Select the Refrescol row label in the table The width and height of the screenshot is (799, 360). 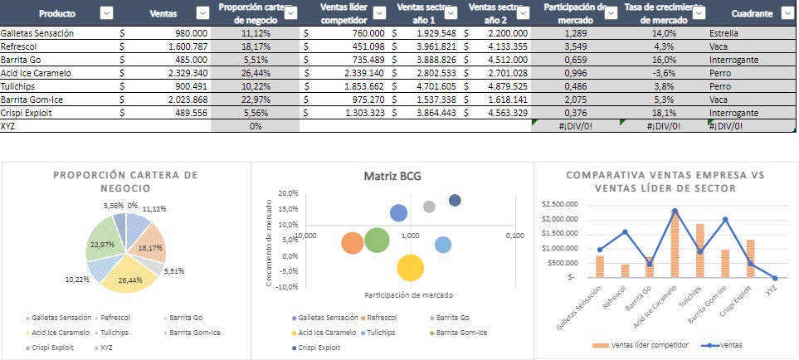[x=24, y=46]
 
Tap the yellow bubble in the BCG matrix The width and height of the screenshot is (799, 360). [x=410, y=268]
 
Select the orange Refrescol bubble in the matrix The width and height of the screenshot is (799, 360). [x=353, y=242]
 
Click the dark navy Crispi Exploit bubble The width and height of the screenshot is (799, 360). [x=455, y=200]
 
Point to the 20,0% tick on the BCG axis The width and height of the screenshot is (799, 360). [x=287, y=193]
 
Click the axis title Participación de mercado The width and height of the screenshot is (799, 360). [x=407, y=295]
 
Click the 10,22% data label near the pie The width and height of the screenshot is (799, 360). [x=77, y=279]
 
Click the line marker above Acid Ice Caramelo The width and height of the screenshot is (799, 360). [x=675, y=211]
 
